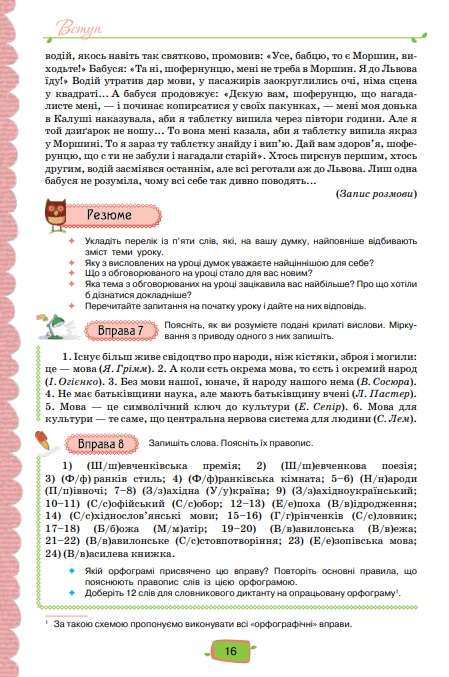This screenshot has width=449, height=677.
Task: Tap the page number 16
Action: click(x=229, y=651)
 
